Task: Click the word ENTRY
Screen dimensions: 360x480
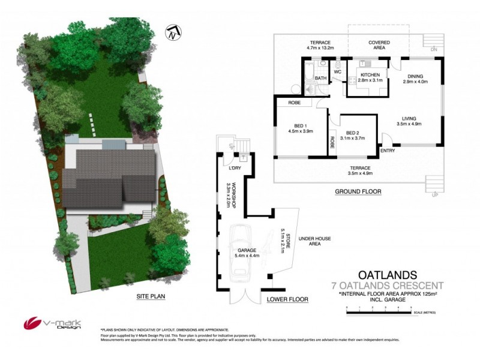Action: coord(388,151)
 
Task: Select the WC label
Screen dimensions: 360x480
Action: coord(338,72)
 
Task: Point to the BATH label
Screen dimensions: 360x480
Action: coord(321,79)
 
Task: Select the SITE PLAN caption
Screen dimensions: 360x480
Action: coord(150,296)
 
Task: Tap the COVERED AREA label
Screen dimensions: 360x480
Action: coord(379,46)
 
